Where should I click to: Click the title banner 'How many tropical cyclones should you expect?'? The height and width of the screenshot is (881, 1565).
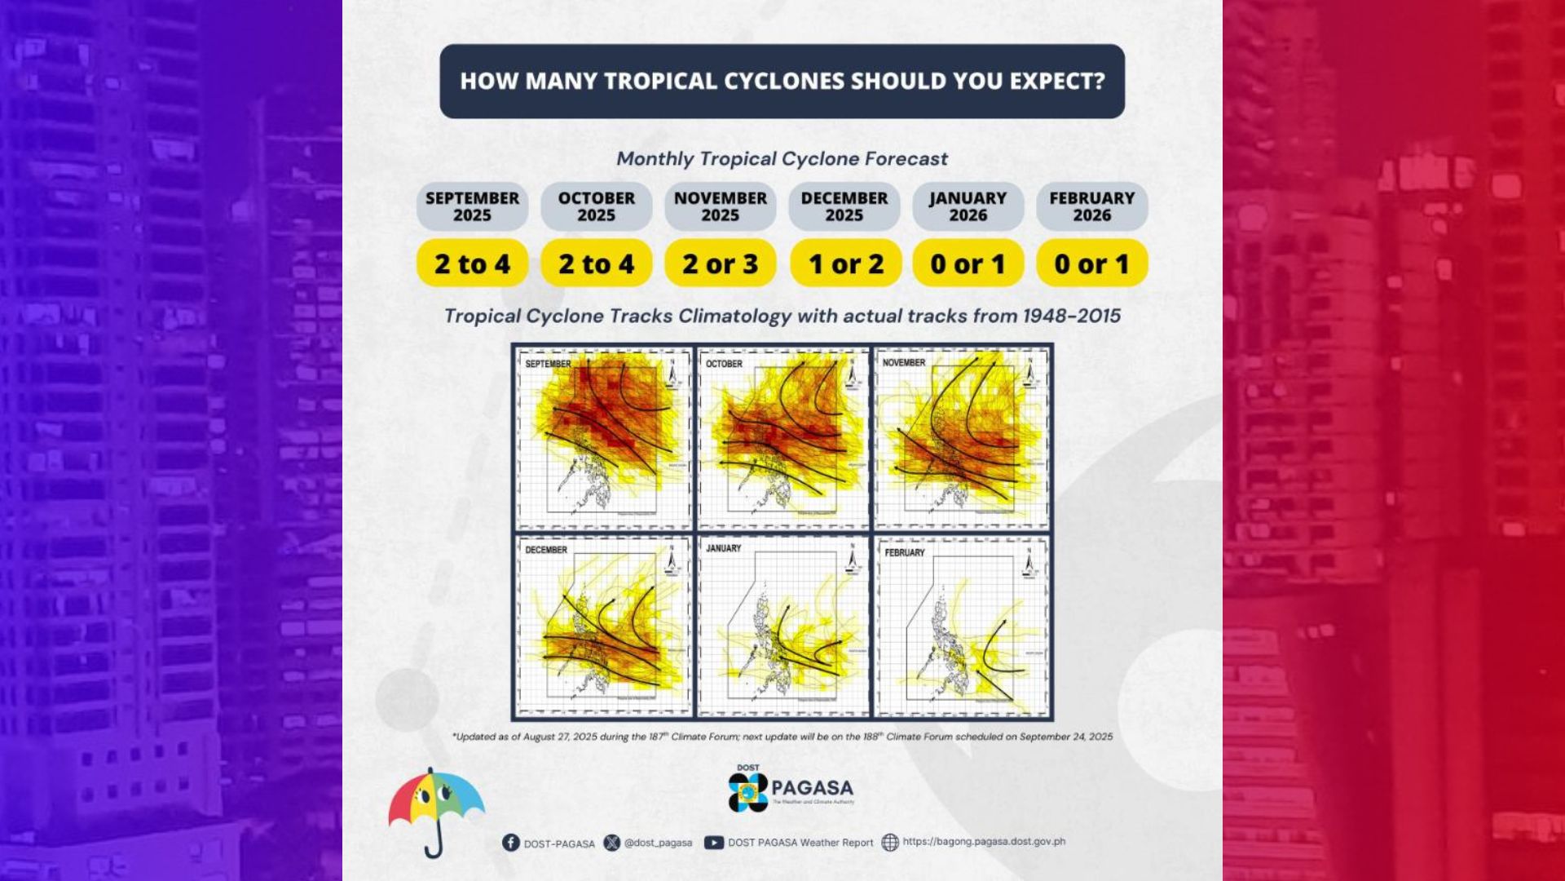(782, 82)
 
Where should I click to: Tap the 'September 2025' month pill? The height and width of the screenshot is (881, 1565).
(472, 206)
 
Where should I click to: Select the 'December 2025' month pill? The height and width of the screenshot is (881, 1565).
(844, 206)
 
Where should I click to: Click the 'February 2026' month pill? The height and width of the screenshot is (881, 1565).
(1091, 206)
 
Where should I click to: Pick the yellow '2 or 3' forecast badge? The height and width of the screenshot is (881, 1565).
(720, 263)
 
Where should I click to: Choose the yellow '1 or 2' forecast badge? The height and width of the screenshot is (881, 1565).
(845, 263)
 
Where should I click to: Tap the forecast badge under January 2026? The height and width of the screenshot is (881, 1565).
(968, 263)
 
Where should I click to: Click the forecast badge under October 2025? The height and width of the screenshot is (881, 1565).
(596, 263)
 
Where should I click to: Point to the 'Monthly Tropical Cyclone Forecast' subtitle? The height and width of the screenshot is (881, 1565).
(782, 159)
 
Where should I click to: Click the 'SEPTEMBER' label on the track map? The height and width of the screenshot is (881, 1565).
(548, 364)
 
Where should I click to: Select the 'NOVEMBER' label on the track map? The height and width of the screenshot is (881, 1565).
(903, 362)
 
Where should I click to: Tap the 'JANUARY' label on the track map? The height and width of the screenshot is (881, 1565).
(723, 548)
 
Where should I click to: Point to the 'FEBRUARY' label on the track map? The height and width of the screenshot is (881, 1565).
(905, 552)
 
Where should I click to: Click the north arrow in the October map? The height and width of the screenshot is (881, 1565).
(851, 372)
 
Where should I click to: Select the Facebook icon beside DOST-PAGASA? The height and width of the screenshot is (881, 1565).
(511, 843)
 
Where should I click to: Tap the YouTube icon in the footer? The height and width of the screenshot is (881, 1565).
(713, 843)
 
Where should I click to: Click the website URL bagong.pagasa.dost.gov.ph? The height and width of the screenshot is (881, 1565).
(984, 841)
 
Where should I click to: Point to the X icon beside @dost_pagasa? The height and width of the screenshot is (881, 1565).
(612, 843)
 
